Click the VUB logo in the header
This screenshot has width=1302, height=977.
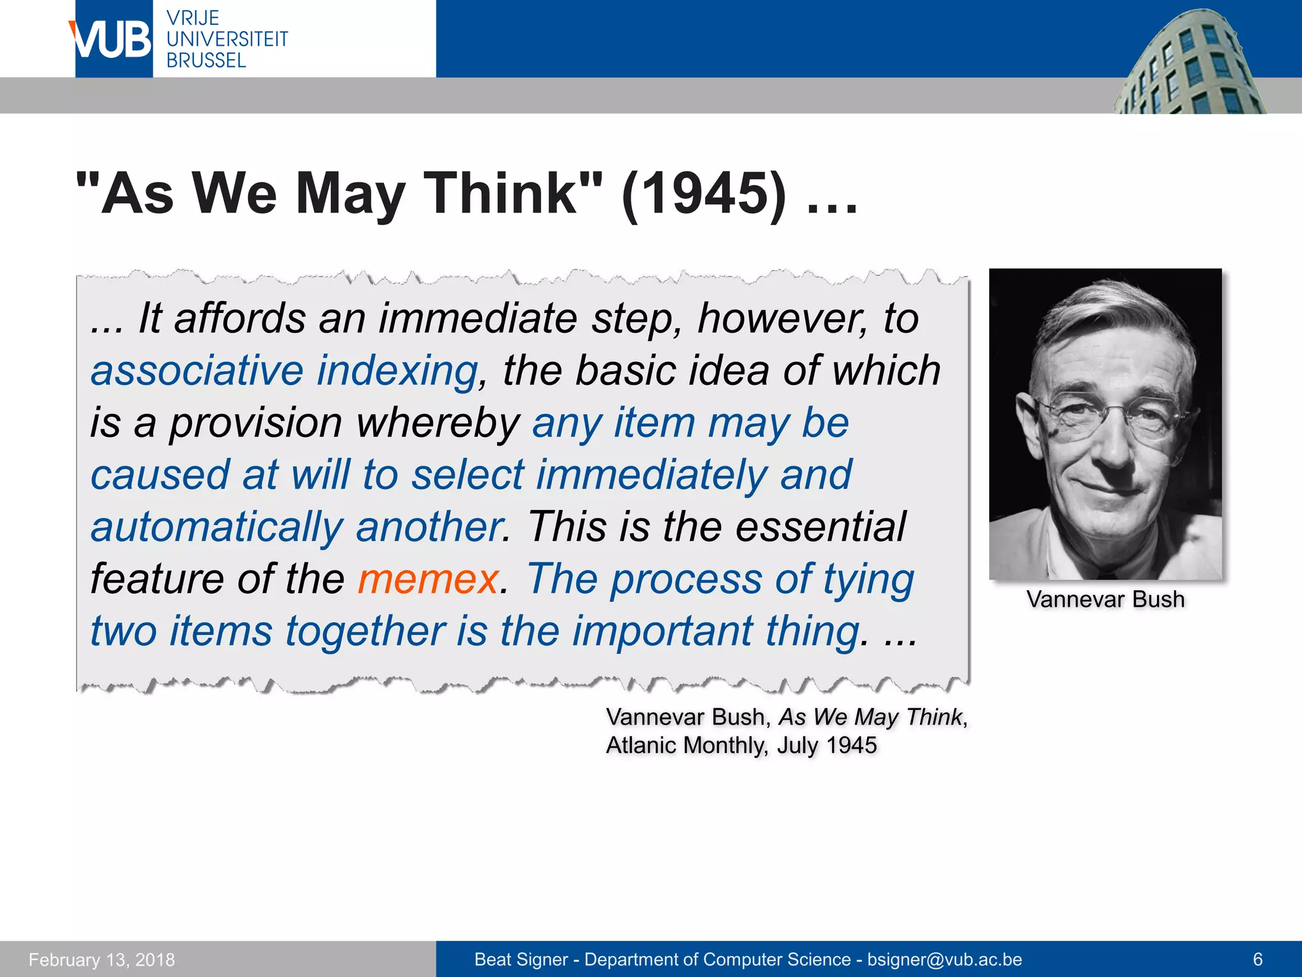(113, 39)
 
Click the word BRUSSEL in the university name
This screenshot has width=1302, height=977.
(206, 61)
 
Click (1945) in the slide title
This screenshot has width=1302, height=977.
(704, 193)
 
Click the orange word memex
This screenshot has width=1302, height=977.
(428, 579)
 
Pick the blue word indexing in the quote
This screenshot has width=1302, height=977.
(397, 371)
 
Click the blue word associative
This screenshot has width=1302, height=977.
(197, 371)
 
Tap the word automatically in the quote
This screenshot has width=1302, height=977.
(217, 527)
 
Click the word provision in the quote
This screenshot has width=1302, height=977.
(256, 424)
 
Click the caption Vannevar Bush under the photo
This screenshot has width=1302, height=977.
(1106, 600)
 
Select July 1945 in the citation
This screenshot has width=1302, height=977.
(826, 745)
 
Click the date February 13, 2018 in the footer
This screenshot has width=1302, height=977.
(102, 960)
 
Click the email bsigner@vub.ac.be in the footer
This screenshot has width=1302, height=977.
(945, 960)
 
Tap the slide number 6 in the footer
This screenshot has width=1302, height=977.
(1257, 960)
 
